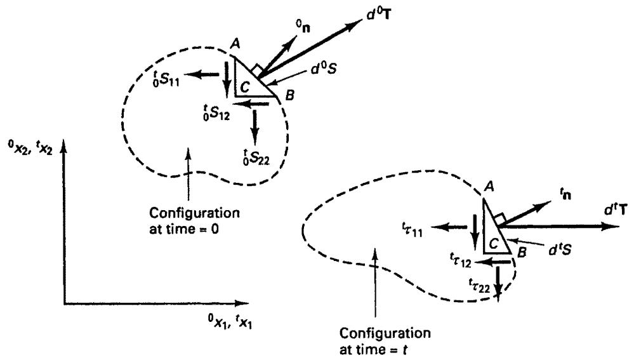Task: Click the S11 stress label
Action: point(166,78)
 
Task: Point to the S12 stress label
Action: point(216,112)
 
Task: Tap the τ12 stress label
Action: point(461,259)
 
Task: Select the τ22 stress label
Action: point(479,285)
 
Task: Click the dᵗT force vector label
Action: point(616,210)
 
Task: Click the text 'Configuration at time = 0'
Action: point(194,220)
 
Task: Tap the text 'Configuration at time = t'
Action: point(385,341)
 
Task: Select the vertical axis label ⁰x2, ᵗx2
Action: point(30,148)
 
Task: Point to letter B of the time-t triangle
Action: point(522,253)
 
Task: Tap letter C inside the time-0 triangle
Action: point(245,86)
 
